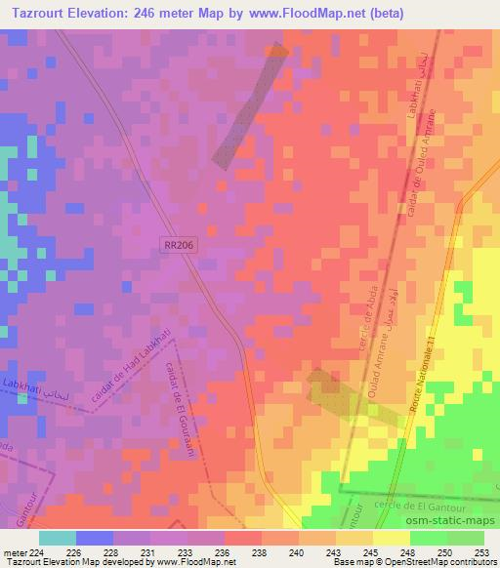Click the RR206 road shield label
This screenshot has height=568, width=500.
point(180,249)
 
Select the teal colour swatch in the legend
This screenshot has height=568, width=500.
point(58,537)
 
